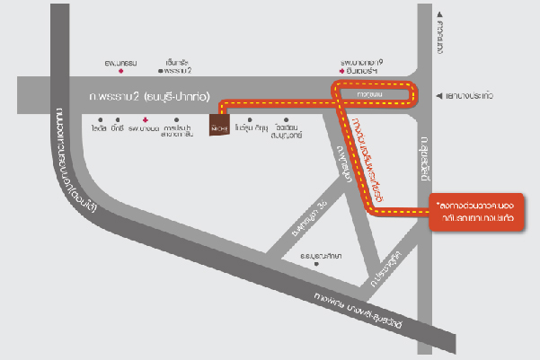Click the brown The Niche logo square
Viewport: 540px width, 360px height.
[x=220, y=127]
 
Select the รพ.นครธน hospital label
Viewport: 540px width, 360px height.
[x=120, y=63]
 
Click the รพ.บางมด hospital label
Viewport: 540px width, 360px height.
[x=144, y=129]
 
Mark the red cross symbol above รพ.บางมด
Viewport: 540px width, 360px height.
[x=144, y=119]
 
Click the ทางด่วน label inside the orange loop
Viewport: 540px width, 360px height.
[x=369, y=93]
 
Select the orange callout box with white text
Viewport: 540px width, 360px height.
[x=475, y=212]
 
